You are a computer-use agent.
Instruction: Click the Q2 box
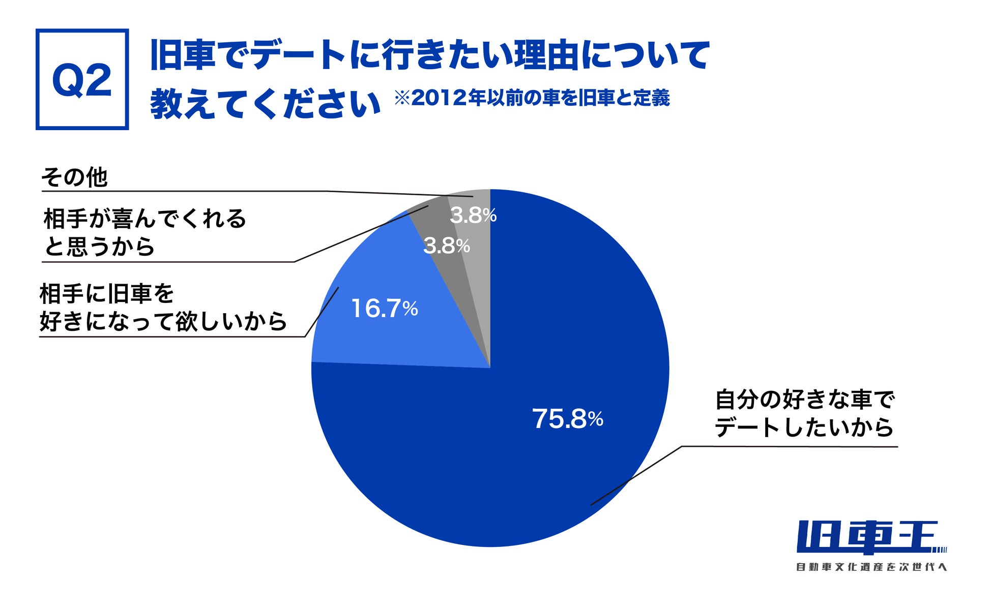pyautogui.click(x=82, y=79)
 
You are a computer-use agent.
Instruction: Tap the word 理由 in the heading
pyautogui.click(x=548, y=55)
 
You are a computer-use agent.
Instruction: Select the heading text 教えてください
pyautogui.click(x=265, y=104)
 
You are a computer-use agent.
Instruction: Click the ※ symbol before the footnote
pyautogui.click(x=402, y=98)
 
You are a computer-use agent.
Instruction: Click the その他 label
pyautogui.click(x=74, y=178)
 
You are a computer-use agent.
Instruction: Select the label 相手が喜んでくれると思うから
pyautogui.click(x=144, y=232)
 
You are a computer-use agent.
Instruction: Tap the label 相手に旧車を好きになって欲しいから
pyautogui.click(x=163, y=308)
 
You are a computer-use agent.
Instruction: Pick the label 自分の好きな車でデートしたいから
pyautogui.click(x=804, y=413)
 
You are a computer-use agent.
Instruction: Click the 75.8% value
pyautogui.click(x=567, y=419)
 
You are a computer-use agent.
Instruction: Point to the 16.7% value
pyautogui.click(x=384, y=309)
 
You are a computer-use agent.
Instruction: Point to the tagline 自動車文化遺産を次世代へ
pyautogui.click(x=871, y=567)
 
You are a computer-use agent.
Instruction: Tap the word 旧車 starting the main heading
pyautogui.click(x=183, y=55)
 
